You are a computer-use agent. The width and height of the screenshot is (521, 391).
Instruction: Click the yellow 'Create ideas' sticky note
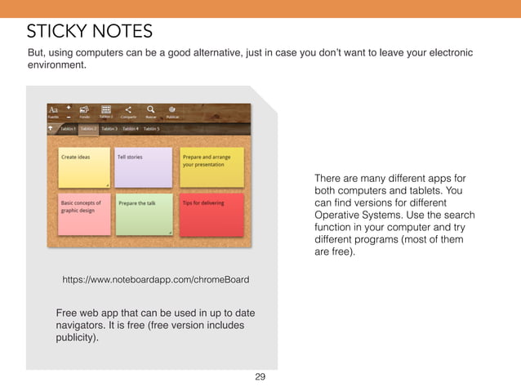(83, 167)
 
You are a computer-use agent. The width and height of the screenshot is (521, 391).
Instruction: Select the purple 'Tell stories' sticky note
(143, 167)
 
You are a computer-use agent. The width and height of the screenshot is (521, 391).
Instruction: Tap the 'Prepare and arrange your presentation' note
(212, 167)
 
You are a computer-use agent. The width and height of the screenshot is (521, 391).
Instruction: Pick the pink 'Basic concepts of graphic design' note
(83, 213)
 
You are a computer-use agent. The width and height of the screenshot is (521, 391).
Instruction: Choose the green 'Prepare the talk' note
(143, 213)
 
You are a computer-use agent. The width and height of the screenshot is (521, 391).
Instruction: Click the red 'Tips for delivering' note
(212, 213)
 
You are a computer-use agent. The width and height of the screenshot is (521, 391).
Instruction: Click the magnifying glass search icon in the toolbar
(151, 109)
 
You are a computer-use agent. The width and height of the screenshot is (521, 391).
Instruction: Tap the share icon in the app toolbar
(128, 109)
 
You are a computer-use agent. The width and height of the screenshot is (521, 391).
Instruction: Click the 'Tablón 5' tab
(152, 129)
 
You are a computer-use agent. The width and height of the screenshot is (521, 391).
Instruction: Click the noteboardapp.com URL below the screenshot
(156, 280)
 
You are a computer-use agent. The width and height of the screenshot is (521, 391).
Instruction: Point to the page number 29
(260, 377)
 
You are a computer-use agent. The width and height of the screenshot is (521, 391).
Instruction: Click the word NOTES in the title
(122, 32)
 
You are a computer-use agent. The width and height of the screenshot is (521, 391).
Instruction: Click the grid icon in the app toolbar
(105, 109)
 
